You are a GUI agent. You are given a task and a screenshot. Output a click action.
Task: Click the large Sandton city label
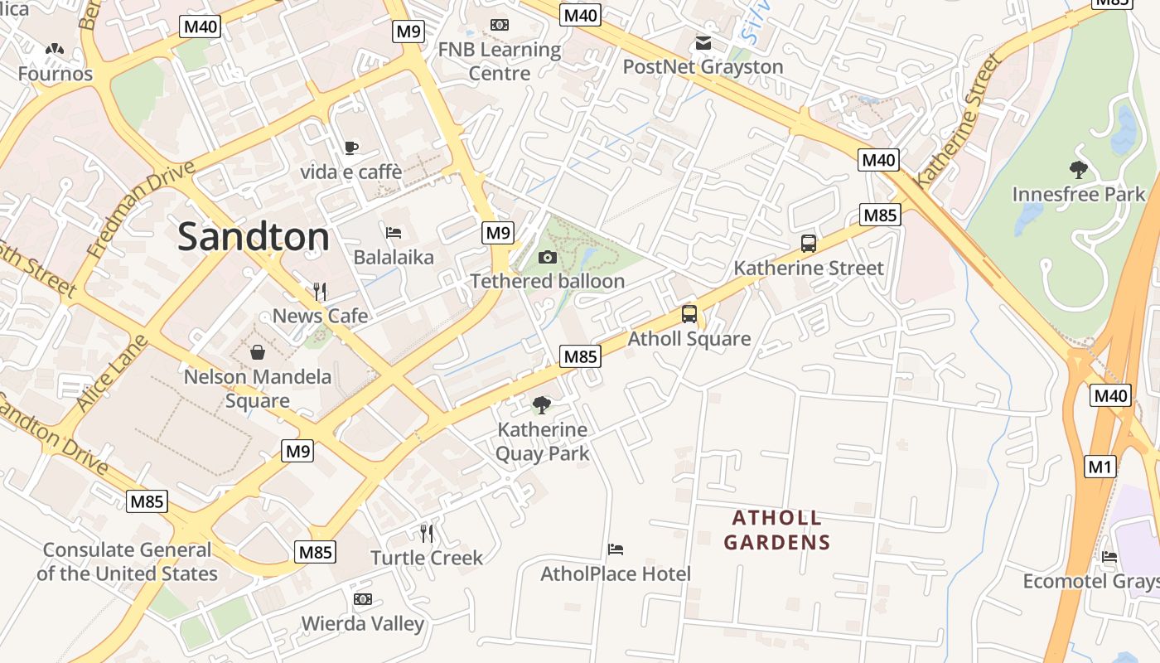(253, 237)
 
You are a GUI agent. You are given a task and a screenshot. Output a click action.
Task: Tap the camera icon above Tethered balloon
(547, 258)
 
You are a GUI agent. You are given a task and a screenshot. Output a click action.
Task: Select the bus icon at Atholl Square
(689, 314)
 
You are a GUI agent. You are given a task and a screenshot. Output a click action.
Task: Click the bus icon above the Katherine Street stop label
(809, 244)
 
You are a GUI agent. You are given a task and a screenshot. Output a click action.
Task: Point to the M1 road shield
(1100, 467)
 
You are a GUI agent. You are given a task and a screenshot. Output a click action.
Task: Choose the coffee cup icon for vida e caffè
(351, 148)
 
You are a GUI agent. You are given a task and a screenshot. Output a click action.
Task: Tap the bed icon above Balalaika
(394, 233)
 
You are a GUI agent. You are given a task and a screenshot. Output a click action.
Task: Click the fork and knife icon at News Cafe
(320, 291)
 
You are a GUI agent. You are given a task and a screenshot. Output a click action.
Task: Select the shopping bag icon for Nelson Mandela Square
(258, 352)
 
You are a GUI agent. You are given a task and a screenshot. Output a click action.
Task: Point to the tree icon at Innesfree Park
(1078, 170)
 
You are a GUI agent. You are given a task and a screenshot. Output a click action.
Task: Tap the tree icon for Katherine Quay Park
(542, 405)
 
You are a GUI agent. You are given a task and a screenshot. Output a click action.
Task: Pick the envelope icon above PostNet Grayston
(703, 43)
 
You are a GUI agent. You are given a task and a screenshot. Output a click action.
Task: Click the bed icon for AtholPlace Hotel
(615, 549)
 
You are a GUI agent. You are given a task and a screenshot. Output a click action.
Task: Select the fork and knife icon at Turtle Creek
(427, 533)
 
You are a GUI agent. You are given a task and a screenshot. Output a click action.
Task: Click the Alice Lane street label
(111, 373)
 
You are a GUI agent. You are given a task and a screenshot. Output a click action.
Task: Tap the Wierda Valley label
(362, 623)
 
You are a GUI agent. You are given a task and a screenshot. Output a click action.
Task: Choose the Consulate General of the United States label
(127, 561)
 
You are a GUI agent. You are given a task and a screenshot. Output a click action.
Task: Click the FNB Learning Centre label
(500, 61)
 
